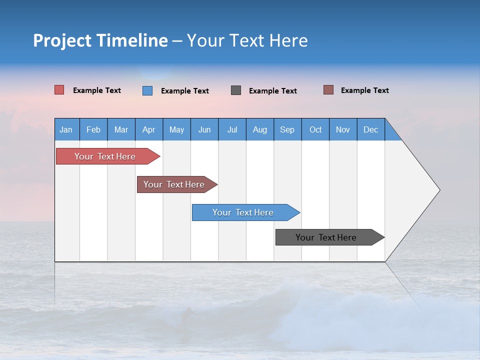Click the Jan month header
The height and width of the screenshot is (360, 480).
[x=66, y=129]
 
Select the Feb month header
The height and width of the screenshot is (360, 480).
[x=93, y=129]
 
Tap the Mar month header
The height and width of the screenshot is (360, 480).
[x=121, y=129]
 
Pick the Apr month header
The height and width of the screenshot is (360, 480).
[x=149, y=129]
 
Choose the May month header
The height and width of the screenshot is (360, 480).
[x=176, y=129]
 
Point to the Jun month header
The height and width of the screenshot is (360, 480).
[x=204, y=129]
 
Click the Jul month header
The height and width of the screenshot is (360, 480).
[x=232, y=129]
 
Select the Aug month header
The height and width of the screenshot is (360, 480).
[x=260, y=129]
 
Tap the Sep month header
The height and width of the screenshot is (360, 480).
[x=287, y=129]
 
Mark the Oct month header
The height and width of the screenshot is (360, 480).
[x=315, y=129]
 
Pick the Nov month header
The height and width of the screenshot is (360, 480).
[x=343, y=129]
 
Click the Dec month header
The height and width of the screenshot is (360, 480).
[x=371, y=129]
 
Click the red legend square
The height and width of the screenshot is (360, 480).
[x=59, y=90]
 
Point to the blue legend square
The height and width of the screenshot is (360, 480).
[x=147, y=90]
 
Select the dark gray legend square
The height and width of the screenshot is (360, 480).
[x=236, y=90]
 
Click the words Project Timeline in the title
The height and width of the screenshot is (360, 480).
[x=100, y=40]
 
